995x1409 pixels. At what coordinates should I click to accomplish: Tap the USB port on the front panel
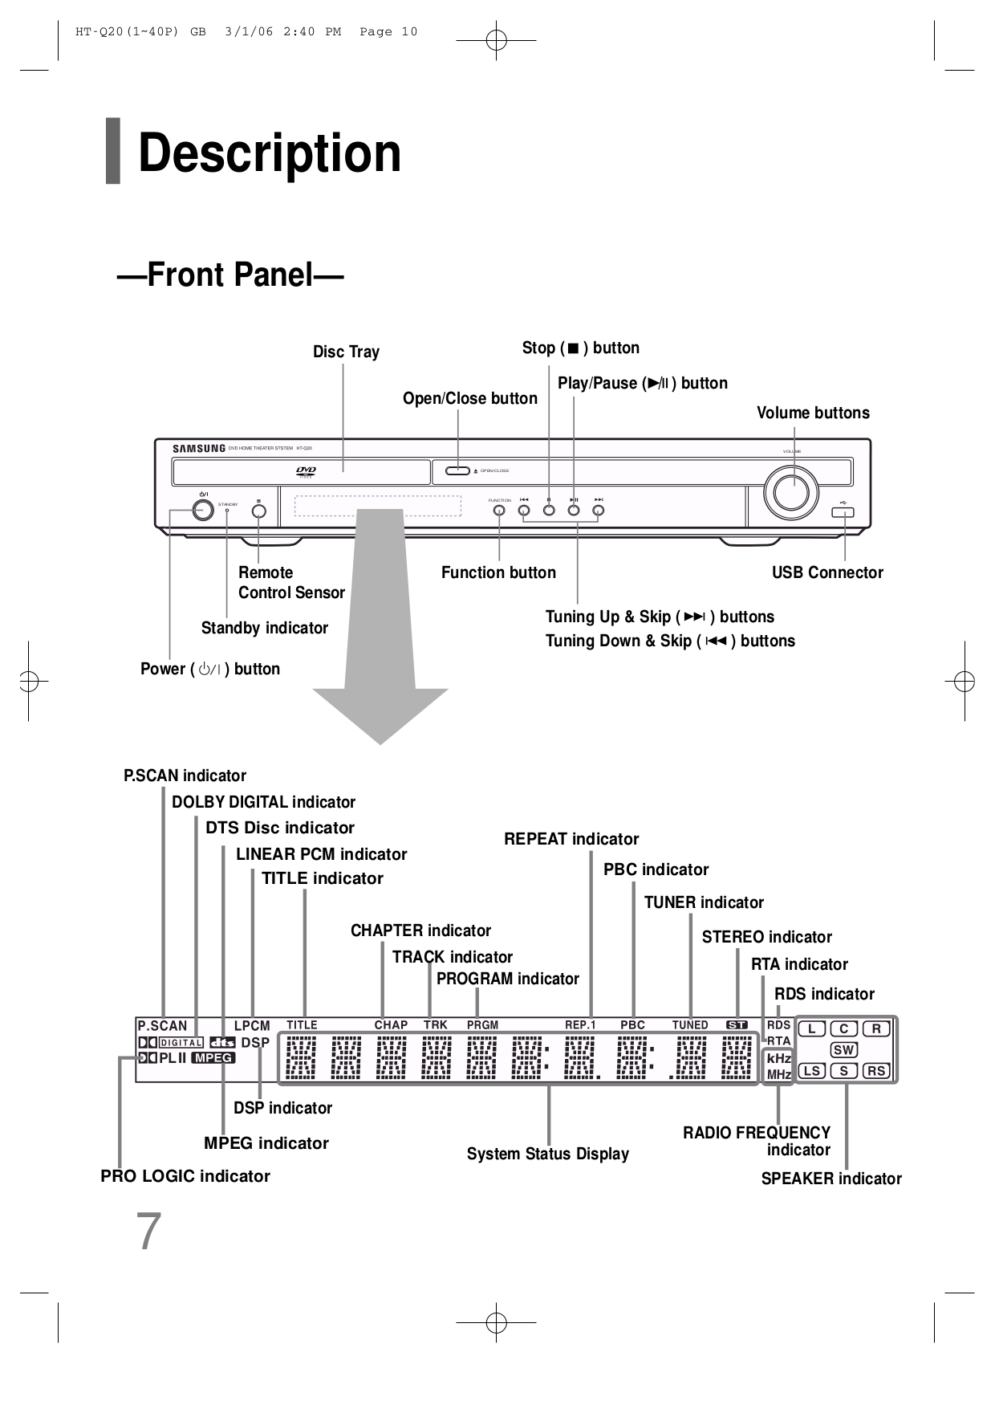pos(843,512)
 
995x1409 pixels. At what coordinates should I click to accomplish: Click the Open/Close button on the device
pos(458,470)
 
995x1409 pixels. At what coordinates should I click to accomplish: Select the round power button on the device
pos(203,510)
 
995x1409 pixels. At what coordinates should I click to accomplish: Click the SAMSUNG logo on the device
pos(199,449)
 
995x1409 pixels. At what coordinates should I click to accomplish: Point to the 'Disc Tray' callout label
pos(346,352)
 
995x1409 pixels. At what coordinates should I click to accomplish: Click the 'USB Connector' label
pos(826,572)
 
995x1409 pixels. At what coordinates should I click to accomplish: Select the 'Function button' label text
pos(498,572)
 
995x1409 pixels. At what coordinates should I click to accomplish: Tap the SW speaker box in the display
pos(843,1050)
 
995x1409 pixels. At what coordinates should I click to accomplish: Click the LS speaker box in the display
pos(812,1071)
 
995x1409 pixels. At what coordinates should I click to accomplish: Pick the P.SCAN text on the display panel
pos(162,1026)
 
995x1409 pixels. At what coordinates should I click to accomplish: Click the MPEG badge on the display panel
pos(213,1058)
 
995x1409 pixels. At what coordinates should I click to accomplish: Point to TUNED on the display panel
pos(690,1025)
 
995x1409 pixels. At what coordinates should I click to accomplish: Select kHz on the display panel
pos(778,1058)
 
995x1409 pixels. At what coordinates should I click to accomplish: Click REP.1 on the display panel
pos(580,1025)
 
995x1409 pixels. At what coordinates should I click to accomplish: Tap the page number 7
pos(149,1232)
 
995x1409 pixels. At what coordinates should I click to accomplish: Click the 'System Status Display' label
pos(547,1154)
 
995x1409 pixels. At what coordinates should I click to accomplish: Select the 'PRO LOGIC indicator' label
pos(185,1176)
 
